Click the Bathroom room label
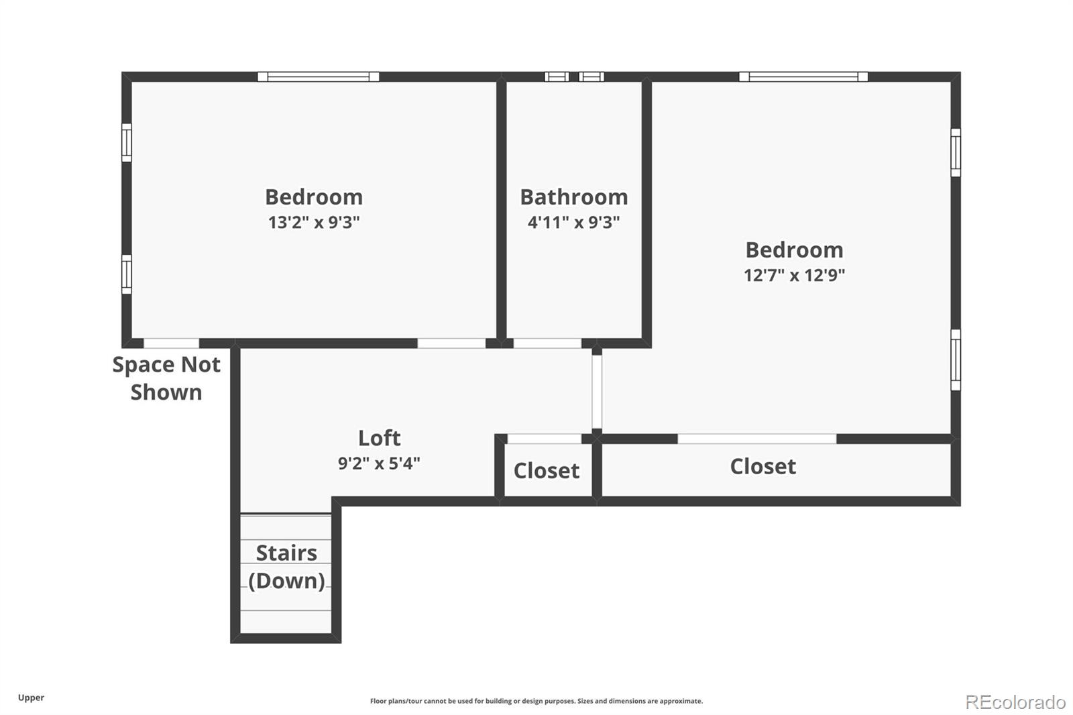(573, 197)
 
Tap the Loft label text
(379, 438)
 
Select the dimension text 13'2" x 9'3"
(314, 222)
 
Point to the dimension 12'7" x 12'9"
(794, 275)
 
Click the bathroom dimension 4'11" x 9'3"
(573, 222)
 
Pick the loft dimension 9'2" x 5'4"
(379, 463)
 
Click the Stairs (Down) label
(286, 566)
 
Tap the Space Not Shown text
(166, 378)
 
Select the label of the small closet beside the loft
(546, 470)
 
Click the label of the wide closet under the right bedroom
(763, 466)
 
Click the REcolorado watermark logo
(1015, 702)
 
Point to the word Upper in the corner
(31, 698)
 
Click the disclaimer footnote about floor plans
(536, 701)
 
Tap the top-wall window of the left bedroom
(318, 76)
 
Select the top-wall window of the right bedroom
(803, 76)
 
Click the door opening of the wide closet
(756, 439)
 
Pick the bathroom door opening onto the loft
(547, 343)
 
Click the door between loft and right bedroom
(596, 392)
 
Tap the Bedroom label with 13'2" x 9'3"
(314, 197)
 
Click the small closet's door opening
(544, 439)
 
